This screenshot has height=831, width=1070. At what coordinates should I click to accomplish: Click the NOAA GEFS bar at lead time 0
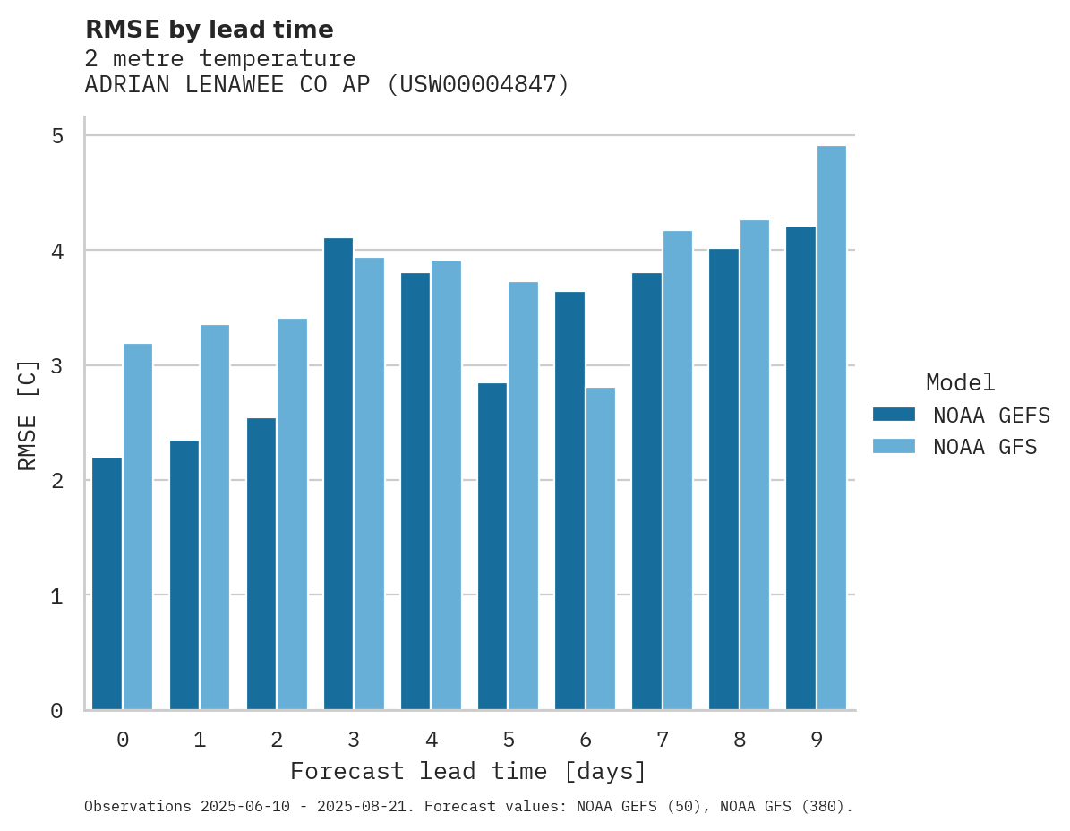(x=107, y=583)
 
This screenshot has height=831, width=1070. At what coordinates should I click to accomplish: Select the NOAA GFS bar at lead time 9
(x=832, y=427)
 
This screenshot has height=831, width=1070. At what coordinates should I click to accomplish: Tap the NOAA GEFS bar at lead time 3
(x=338, y=474)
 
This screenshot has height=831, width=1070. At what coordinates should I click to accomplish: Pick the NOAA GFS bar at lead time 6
(x=601, y=548)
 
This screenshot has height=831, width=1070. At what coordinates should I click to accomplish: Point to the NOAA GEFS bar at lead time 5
(x=492, y=546)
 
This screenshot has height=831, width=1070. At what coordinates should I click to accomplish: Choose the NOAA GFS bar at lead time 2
(x=292, y=514)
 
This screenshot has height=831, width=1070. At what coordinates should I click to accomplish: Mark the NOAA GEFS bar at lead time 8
(x=723, y=479)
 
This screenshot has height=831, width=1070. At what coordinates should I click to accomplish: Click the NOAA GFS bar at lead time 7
(x=677, y=470)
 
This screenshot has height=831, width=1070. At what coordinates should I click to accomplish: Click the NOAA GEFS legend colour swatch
(x=894, y=415)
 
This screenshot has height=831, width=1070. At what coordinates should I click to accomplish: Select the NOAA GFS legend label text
(x=985, y=447)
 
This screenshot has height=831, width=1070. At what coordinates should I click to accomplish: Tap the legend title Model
(x=960, y=382)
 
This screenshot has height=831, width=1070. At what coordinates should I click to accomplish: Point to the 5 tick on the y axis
(x=57, y=136)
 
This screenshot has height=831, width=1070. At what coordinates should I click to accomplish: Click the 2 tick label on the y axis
(x=57, y=481)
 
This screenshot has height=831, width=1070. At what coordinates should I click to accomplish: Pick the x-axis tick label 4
(x=432, y=740)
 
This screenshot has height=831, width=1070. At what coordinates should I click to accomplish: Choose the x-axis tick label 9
(x=817, y=740)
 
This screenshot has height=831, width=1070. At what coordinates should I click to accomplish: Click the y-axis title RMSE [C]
(x=28, y=414)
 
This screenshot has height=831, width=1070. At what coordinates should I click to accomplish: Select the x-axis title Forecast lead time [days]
(x=467, y=771)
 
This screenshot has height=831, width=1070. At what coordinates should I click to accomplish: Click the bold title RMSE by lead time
(x=209, y=30)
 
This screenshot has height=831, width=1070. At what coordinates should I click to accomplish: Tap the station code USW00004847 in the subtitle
(x=477, y=85)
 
